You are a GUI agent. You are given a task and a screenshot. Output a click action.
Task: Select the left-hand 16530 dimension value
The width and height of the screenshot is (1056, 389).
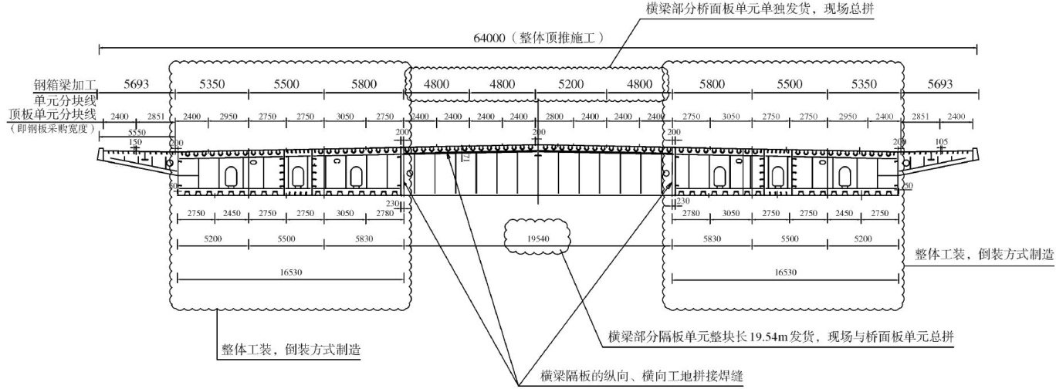tap(289, 272)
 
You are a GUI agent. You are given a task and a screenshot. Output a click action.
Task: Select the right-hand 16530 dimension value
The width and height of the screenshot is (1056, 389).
tap(784, 272)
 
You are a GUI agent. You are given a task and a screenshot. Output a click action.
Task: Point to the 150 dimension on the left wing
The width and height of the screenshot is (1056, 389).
tap(136, 142)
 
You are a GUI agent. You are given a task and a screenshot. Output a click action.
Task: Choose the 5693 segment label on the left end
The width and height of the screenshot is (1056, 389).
tap(136, 83)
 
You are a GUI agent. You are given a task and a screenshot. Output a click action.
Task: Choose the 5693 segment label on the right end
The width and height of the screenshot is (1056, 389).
tap(939, 83)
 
